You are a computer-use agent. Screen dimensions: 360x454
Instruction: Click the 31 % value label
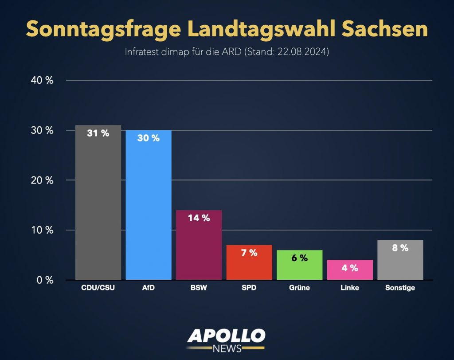click(x=98, y=133)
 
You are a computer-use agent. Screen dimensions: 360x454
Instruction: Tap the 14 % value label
click(x=199, y=218)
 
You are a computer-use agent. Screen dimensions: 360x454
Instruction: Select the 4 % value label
click(x=350, y=268)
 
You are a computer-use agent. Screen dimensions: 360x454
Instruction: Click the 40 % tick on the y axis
click(x=43, y=81)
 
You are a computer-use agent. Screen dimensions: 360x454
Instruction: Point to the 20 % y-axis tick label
click(x=43, y=180)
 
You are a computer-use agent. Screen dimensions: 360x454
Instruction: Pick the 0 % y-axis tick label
click(x=45, y=280)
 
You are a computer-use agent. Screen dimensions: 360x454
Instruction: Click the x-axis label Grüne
click(x=299, y=288)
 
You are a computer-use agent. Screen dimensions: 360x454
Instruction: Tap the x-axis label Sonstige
click(x=400, y=288)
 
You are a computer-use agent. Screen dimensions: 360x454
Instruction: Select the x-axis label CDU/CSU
click(x=98, y=288)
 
